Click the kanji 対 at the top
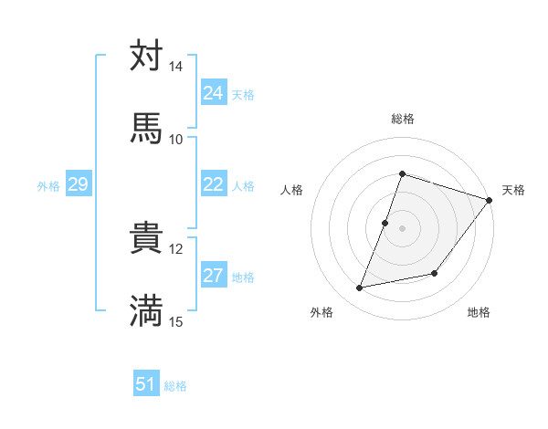pos(146,56)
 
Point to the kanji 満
pos(146,310)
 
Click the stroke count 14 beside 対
pos(176,67)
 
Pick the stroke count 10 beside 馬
pos(176,139)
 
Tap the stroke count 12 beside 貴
pos(176,248)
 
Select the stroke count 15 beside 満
pos(176,321)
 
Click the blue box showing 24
pos(214,93)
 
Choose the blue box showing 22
pos(214,184)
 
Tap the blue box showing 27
pos(214,277)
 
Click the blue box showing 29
pos(78,185)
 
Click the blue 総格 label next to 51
pos(176,386)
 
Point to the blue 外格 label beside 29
pos(48,186)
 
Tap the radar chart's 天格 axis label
pos(513,190)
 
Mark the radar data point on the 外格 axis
pos(360,288)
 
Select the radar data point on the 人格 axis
pos(385,222)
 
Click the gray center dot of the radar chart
pos(402,228)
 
